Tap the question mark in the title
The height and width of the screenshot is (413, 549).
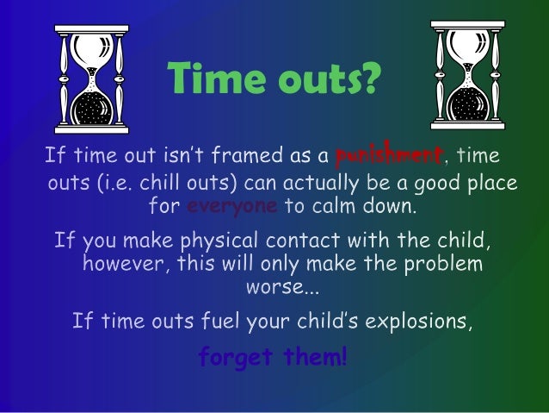pyautogui.click(x=368, y=81)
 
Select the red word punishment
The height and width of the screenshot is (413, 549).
pyautogui.click(x=390, y=156)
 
